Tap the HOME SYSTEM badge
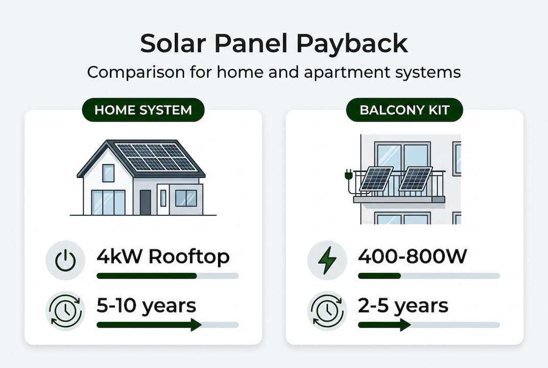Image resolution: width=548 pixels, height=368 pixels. pos(143,110)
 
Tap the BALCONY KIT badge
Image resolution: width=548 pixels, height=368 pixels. pos(404,110)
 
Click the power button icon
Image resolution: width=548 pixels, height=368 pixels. pos(65,261)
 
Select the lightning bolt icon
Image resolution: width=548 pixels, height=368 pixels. pos(327,261)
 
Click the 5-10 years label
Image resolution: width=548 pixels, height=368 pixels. pos(147,306)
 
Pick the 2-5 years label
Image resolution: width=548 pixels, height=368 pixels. pos(403,306)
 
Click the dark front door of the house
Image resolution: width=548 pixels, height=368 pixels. pos(146,202)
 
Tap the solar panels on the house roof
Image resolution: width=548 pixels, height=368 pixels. pos(156,156)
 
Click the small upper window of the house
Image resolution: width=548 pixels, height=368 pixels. pos(108,173)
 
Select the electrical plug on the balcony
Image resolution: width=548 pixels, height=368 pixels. pos(350,175)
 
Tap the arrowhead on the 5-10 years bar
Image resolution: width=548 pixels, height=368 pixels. pos(196,325)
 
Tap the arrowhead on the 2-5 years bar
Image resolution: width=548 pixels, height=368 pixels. pos(406,325)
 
